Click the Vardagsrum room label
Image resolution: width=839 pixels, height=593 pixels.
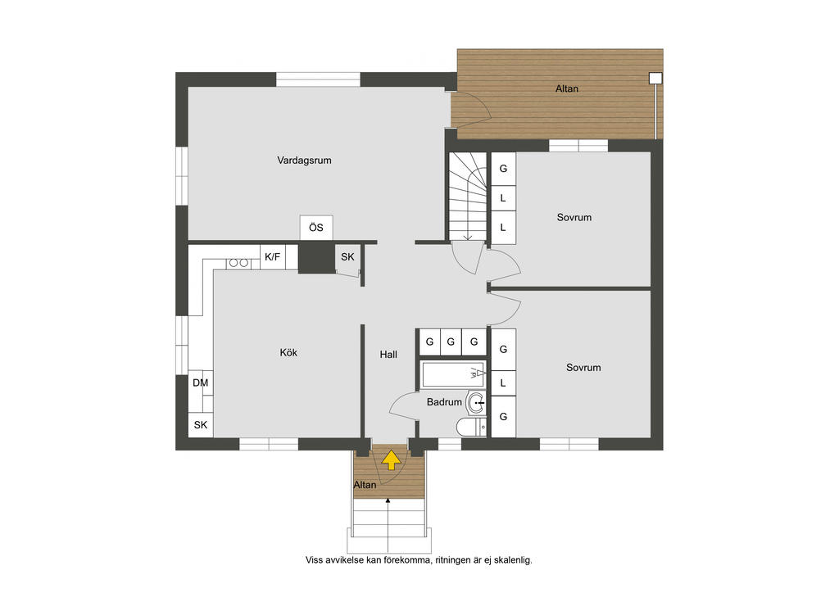(x=304, y=161)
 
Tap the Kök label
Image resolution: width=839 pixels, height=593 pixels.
(x=288, y=352)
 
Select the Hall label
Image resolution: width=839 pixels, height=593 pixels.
(x=388, y=354)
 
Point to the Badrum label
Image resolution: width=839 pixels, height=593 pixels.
(x=444, y=402)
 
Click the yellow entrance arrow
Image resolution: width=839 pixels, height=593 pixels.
(x=391, y=459)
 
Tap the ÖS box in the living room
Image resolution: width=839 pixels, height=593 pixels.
(x=316, y=228)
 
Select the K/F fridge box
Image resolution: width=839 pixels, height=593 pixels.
(x=272, y=256)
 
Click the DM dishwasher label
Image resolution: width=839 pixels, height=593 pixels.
(x=201, y=383)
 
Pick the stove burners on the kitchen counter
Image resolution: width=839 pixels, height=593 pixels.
(x=238, y=263)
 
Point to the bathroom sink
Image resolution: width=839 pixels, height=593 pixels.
(x=476, y=403)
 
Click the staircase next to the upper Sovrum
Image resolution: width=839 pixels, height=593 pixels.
(x=467, y=197)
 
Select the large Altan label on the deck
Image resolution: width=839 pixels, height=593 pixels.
(x=567, y=88)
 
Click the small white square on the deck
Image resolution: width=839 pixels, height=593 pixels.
(x=655, y=78)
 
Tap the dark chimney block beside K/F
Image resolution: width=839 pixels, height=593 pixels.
(x=316, y=258)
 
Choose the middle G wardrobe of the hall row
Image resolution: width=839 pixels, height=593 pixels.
(x=451, y=342)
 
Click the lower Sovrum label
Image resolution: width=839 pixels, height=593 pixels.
(x=583, y=368)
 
